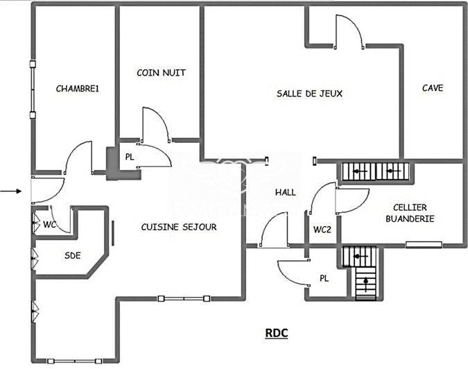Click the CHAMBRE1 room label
[x=78, y=88]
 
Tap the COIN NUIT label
[x=161, y=72]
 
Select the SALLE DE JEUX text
[x=309, y=93]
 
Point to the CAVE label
[x=433, y=88]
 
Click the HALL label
[x=285, y=192]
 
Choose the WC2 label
[x=321, y=229]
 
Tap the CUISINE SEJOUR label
[x=179, y=227]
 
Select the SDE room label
[x=72, y=255]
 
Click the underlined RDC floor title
[x=277, y=333]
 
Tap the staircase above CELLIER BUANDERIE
[x=375, y=171]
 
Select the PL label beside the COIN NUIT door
[x=130, y=157]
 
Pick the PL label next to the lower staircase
[x=323, y=278]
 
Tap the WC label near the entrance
[x=49, y=225]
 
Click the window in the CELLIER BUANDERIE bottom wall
[x=423, y=244]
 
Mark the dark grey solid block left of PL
[x=112, y=164]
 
